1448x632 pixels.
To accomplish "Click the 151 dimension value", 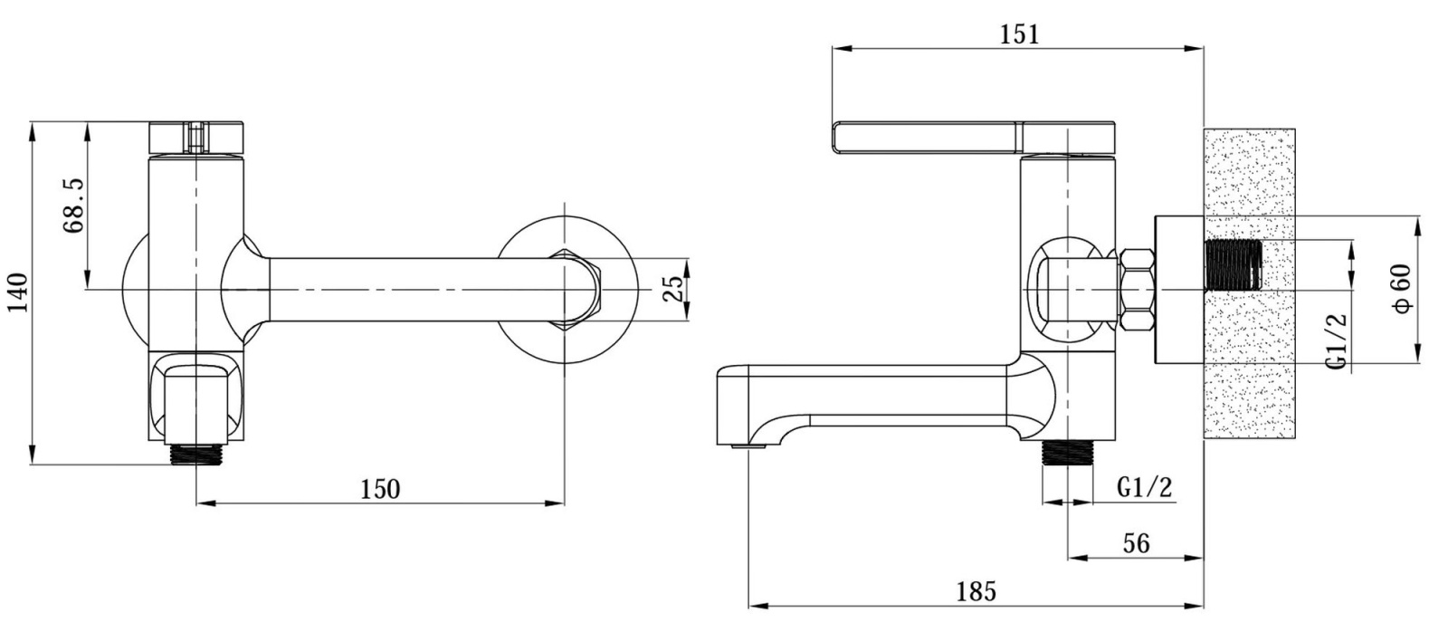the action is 1019,34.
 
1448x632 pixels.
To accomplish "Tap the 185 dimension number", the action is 976,591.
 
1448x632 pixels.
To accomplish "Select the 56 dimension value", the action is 1136,543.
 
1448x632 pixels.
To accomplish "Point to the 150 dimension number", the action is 380,489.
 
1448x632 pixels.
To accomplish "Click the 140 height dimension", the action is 19,292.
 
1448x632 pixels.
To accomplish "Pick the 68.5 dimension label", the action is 73,206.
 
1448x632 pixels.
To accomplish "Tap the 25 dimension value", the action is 673,289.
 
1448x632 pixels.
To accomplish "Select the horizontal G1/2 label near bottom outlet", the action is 1145,487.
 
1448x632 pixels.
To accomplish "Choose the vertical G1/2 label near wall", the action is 1338,341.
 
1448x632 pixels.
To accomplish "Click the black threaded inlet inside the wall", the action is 1234,264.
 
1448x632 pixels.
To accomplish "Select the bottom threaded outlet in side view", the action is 1067,454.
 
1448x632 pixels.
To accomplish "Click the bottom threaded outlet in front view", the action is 195,454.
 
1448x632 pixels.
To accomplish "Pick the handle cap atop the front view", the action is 197,138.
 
